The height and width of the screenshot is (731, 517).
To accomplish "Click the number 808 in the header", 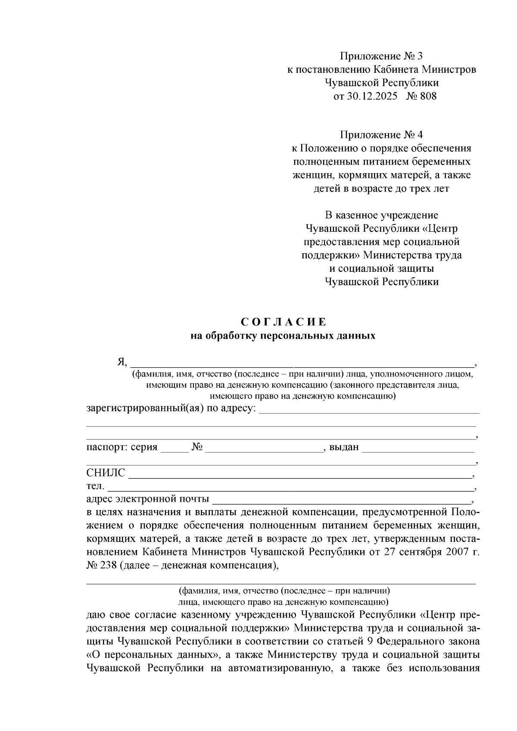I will point(427,96).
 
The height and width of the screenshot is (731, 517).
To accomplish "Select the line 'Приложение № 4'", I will point(382,135).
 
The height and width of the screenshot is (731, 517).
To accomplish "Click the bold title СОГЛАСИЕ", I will point(283,322).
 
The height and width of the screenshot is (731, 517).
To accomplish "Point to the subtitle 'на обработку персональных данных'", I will point(283,336).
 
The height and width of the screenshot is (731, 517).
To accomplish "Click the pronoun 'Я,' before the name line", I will point(122,362).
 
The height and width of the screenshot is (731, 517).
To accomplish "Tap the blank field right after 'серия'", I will point(174,448).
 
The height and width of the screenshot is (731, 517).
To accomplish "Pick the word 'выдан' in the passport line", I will point(344,447).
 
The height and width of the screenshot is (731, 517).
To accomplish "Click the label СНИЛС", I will point(106,473).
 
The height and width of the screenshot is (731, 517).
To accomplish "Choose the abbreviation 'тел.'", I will point(95,486).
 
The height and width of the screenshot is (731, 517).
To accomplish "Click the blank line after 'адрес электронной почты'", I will point(343,501).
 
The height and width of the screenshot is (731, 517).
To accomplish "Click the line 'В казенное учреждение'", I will point(382,215).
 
